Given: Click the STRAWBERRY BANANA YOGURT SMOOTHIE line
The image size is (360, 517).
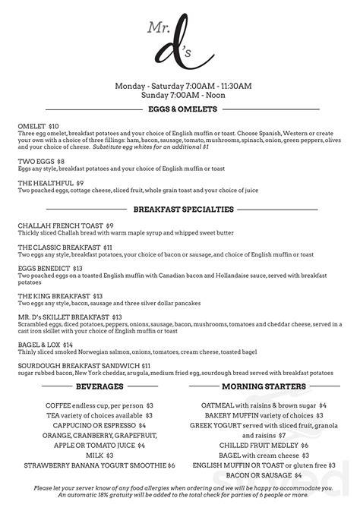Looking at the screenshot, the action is click(99, 464).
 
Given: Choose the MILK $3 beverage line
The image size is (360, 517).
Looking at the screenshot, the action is click(99, 454).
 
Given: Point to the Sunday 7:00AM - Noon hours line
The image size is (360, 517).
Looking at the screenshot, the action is click(179, 96).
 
